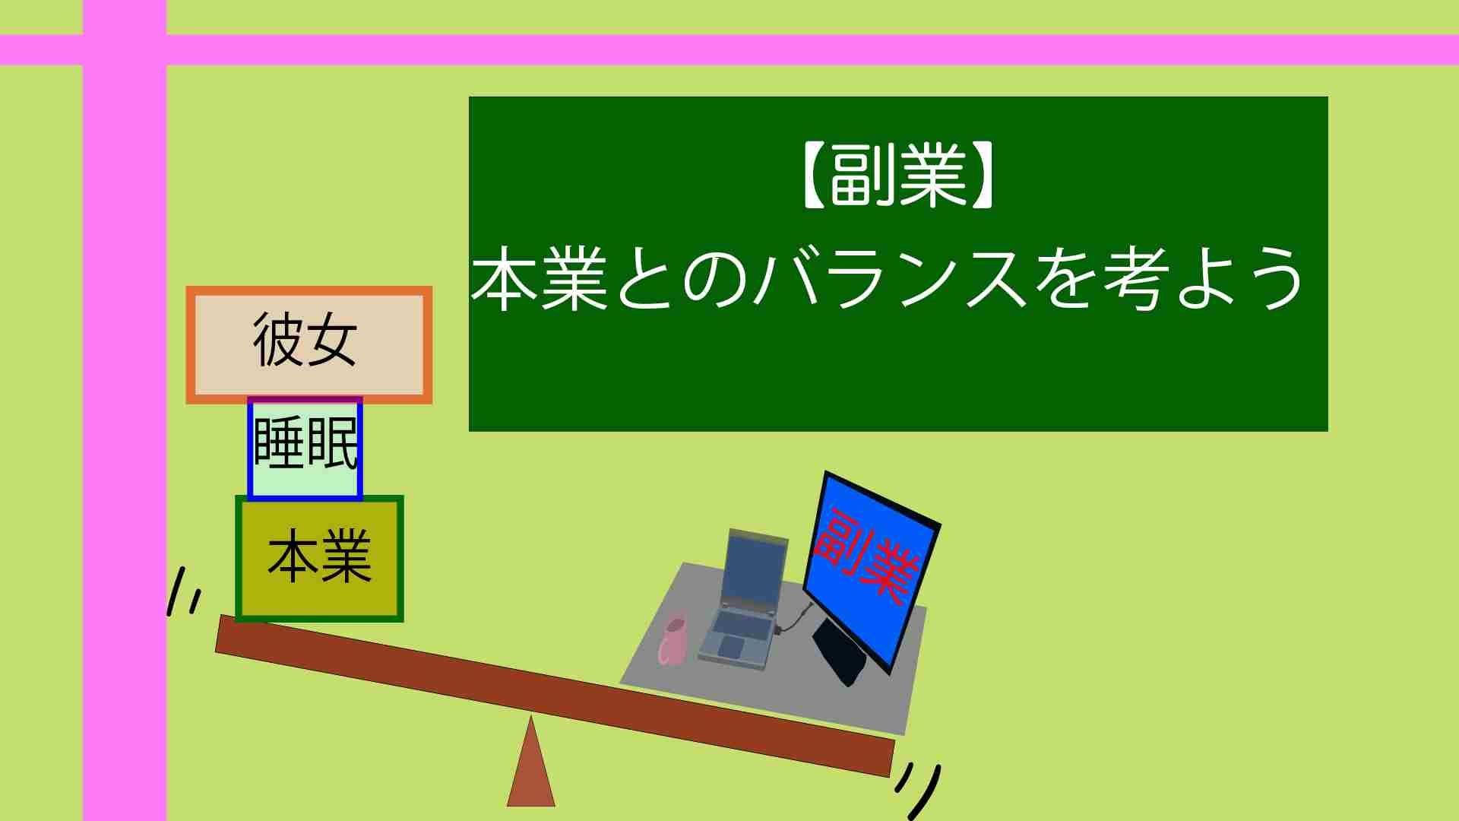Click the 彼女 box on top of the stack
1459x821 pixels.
[x=309, y=345]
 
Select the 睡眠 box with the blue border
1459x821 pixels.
[x=305, y=448]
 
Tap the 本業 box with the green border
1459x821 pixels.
[x=319, y=559]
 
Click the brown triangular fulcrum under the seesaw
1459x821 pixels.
[x=531, y=764]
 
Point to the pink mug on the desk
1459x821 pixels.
[x=673, y=639]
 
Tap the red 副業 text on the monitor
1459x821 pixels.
[x=866, y=556]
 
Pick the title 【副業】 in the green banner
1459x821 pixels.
[x=897, y=178]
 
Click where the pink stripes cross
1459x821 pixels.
[x=125, y=50]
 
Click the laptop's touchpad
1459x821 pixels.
[x=731, y=648]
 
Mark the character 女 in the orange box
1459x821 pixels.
[x=332, y=340]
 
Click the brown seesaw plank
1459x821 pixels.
[x=555, y=696]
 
